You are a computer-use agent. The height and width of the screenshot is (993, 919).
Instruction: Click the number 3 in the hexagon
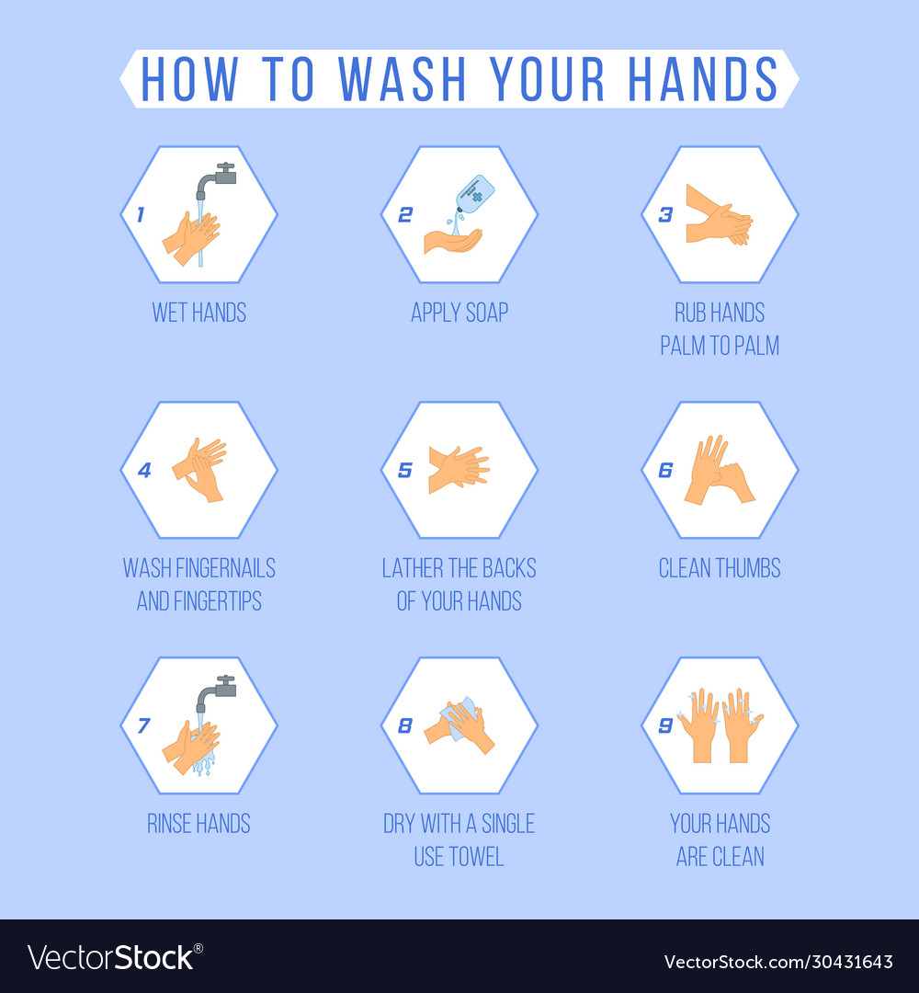point(665,214)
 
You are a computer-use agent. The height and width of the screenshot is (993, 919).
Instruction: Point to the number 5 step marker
point(405,470)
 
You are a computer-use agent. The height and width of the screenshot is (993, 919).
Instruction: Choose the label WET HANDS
point(199,313)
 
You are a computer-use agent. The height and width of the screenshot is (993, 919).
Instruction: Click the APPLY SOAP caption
point(459,313)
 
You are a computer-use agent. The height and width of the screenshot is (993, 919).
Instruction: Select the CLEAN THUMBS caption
point(719,568)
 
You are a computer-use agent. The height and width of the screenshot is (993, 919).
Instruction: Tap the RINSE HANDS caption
point(199,824)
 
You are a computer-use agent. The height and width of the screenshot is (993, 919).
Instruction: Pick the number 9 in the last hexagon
point(665,725)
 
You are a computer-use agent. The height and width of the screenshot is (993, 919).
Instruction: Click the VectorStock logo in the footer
point(111,958)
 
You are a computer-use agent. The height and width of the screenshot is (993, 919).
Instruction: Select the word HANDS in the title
point(703,79)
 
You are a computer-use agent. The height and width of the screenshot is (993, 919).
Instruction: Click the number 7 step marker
point(143,725)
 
